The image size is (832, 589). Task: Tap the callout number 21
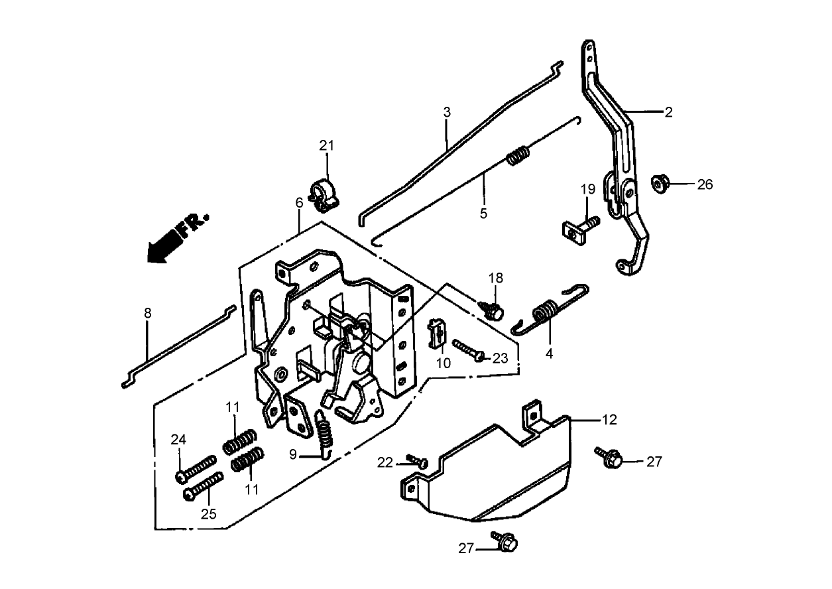(x=327, y=146)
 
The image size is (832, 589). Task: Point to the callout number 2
(x=668, y=112)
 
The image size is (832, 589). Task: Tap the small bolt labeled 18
(x=493, y=309)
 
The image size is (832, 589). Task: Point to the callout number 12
(x=609, y=420)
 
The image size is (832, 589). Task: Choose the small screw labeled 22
(x=417, y=460)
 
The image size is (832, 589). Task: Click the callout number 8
(x=147, y=313)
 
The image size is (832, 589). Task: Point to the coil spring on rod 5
(x=519, y=157)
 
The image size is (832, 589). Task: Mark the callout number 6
(x=299, y=202)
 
